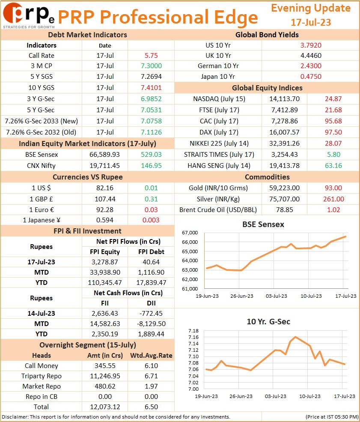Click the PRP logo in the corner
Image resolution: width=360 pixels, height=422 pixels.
pos(29,15)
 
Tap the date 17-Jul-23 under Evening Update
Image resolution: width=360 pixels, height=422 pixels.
pos(311,22)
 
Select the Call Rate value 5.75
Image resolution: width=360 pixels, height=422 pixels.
pos(151,56)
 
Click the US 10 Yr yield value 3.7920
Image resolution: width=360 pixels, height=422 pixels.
pos(311,45)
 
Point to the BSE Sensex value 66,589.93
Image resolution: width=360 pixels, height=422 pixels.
pos(104,155)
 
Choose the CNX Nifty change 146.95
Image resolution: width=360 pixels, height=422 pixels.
pos(152,166)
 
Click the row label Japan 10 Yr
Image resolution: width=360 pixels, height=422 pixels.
pos(218,77)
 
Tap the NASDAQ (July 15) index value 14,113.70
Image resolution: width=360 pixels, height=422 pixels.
pos(285,99)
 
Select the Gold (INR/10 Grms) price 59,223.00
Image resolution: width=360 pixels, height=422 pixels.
pos(285,188)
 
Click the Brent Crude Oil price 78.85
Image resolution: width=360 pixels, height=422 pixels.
pos(285,210)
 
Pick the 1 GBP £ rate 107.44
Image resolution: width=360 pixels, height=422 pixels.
pos(105,199)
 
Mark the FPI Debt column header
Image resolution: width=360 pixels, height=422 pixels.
pos(152,252)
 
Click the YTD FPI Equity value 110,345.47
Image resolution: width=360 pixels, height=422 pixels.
pos(105,283)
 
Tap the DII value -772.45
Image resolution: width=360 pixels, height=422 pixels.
pos(151,314)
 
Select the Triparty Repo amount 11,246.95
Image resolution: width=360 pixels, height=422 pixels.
pos(105,376)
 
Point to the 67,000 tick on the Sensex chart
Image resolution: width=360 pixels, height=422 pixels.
pos(190,233)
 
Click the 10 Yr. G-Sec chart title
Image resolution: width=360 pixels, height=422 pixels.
pos(268,322)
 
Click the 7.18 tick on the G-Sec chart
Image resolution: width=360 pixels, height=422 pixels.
pos(193,331)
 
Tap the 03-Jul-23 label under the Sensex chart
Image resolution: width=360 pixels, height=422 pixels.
pos(277,296)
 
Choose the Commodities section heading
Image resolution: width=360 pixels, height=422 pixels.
pos(267,177)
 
